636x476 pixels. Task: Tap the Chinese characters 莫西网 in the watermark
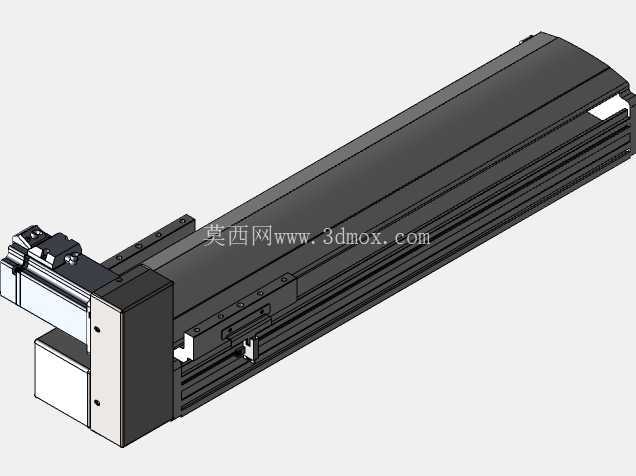[238, 236]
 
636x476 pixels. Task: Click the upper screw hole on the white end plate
[97, 329]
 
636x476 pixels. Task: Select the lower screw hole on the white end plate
[97, 403]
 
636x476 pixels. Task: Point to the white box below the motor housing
[62, 381]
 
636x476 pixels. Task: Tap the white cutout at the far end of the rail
[606, 109]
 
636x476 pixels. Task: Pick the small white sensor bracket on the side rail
[250, 348]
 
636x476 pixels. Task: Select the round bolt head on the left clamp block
[35, 234]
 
